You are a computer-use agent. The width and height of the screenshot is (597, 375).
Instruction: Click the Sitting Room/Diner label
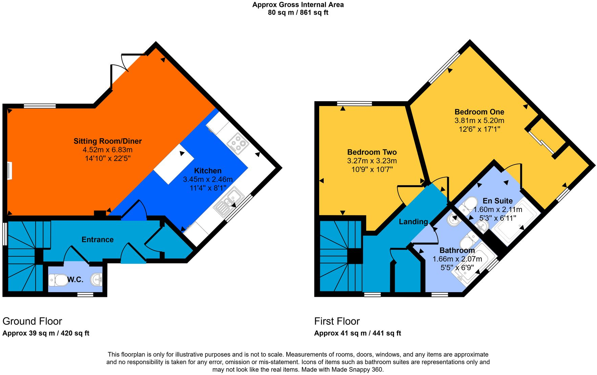click(x=107, y=141)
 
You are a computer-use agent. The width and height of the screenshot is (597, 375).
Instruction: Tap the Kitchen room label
click(x=207, y=171)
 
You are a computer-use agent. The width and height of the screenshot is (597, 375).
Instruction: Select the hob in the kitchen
click(x=238, y=143)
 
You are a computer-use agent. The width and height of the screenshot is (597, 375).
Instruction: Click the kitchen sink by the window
click(x=229, y=202)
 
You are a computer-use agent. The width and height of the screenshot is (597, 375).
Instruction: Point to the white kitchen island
click(x=174, y=164)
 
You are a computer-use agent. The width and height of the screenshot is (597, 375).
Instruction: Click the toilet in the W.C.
click(x=59, y=280)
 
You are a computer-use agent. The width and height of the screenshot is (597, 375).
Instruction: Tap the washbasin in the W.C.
click(x=96, y=280)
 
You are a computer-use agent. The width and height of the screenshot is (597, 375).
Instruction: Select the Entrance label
click(x=97, y=239)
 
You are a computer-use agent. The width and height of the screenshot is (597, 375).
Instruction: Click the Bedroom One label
click(x=479, y=112)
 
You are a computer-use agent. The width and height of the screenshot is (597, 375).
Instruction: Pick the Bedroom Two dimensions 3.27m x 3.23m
click(x=372, y=161)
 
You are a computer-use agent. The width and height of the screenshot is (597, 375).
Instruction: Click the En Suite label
click(x=497, y=201)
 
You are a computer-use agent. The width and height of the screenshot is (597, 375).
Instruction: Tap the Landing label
click(x=413, y=222)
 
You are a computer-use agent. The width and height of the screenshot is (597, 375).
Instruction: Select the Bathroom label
click(x=457, y=250)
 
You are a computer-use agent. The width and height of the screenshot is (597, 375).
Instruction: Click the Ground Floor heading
click(x=32, y=321)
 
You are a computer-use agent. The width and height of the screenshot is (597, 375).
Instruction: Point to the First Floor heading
click(x=337, y=321)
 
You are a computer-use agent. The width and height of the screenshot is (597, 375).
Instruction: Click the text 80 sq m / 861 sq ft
click(x=298, y=13)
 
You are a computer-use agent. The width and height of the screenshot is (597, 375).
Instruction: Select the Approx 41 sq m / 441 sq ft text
click(x=357, y=333)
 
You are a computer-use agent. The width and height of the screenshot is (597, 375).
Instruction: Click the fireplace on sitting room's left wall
click(x=10, y=171)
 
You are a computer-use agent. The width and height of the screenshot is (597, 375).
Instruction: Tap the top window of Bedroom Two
click(x=354, y=104)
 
